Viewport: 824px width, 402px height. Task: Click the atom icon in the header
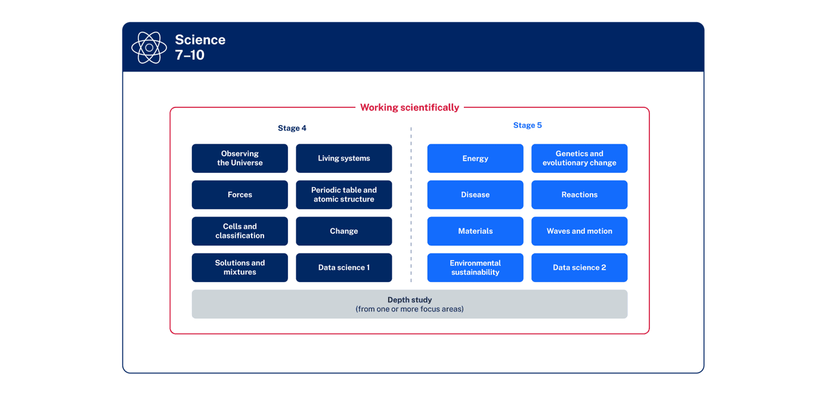149,48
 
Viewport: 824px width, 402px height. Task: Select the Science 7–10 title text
200,47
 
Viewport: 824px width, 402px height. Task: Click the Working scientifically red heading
409,107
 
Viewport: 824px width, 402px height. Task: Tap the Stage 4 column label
292,128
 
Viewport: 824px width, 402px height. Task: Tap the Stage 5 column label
527,125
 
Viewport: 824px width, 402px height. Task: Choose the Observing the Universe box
240,158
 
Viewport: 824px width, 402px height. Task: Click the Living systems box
343,158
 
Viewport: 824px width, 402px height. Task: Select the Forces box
240,194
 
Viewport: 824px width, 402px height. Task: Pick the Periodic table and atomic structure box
343,194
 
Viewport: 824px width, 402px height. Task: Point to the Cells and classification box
240,231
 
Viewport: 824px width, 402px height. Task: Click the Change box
343,231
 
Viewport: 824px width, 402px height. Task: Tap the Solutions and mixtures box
240,267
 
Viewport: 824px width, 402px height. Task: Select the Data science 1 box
343,267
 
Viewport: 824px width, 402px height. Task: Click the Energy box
475,158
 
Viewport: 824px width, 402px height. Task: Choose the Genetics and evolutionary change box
579,158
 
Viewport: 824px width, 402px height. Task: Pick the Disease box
475,194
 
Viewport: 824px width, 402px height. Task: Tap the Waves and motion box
579,231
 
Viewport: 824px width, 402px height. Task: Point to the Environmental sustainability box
475,267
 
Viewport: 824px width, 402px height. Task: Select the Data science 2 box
579,267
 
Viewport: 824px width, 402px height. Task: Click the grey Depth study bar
409,304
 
